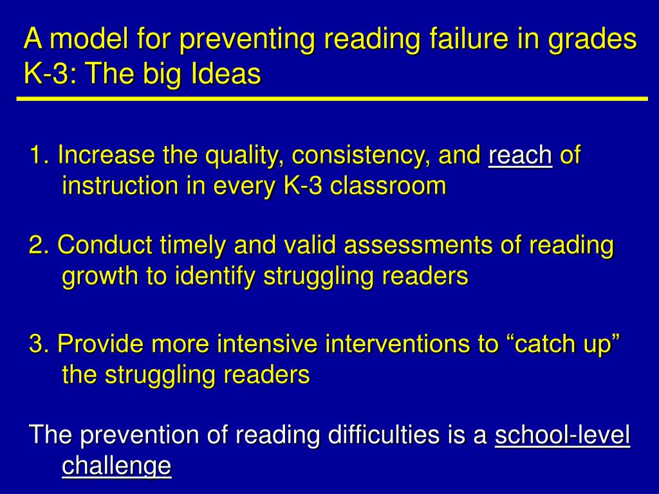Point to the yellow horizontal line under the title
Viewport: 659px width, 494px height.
(331, 99)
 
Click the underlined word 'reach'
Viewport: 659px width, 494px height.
(520, 156)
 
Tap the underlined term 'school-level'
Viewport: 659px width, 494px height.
(562, 435)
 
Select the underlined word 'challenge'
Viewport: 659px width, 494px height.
(116, 466)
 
